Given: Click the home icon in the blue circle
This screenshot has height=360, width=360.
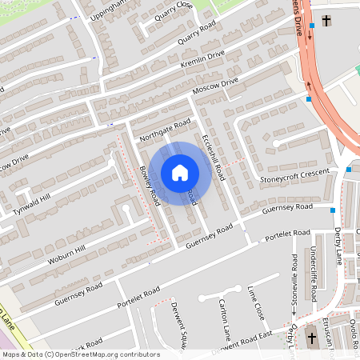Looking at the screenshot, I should [x=180, y=172].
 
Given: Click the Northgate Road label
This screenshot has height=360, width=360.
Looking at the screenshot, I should [x=165, y=130].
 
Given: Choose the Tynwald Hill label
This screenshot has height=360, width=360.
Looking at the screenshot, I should [x=31, y=205].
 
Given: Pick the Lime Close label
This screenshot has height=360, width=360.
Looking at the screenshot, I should [x=256, y=302].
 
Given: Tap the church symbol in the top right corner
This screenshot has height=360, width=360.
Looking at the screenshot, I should [x=326, y=19].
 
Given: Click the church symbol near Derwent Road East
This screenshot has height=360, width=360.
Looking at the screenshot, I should [x=311, y=338].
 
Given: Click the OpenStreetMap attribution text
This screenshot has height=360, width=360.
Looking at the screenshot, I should [x=80, y=354].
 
